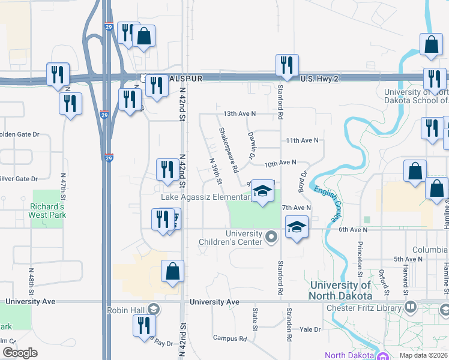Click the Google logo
[19, 353]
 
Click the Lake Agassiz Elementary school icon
[262, 192]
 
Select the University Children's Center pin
[272, 238]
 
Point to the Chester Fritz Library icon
[411, 308]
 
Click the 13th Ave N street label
[240, 113]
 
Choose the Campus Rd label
[230, 338]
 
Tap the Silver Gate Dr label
[19, 179]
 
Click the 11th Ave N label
[301, 140]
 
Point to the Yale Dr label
[311, 329]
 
